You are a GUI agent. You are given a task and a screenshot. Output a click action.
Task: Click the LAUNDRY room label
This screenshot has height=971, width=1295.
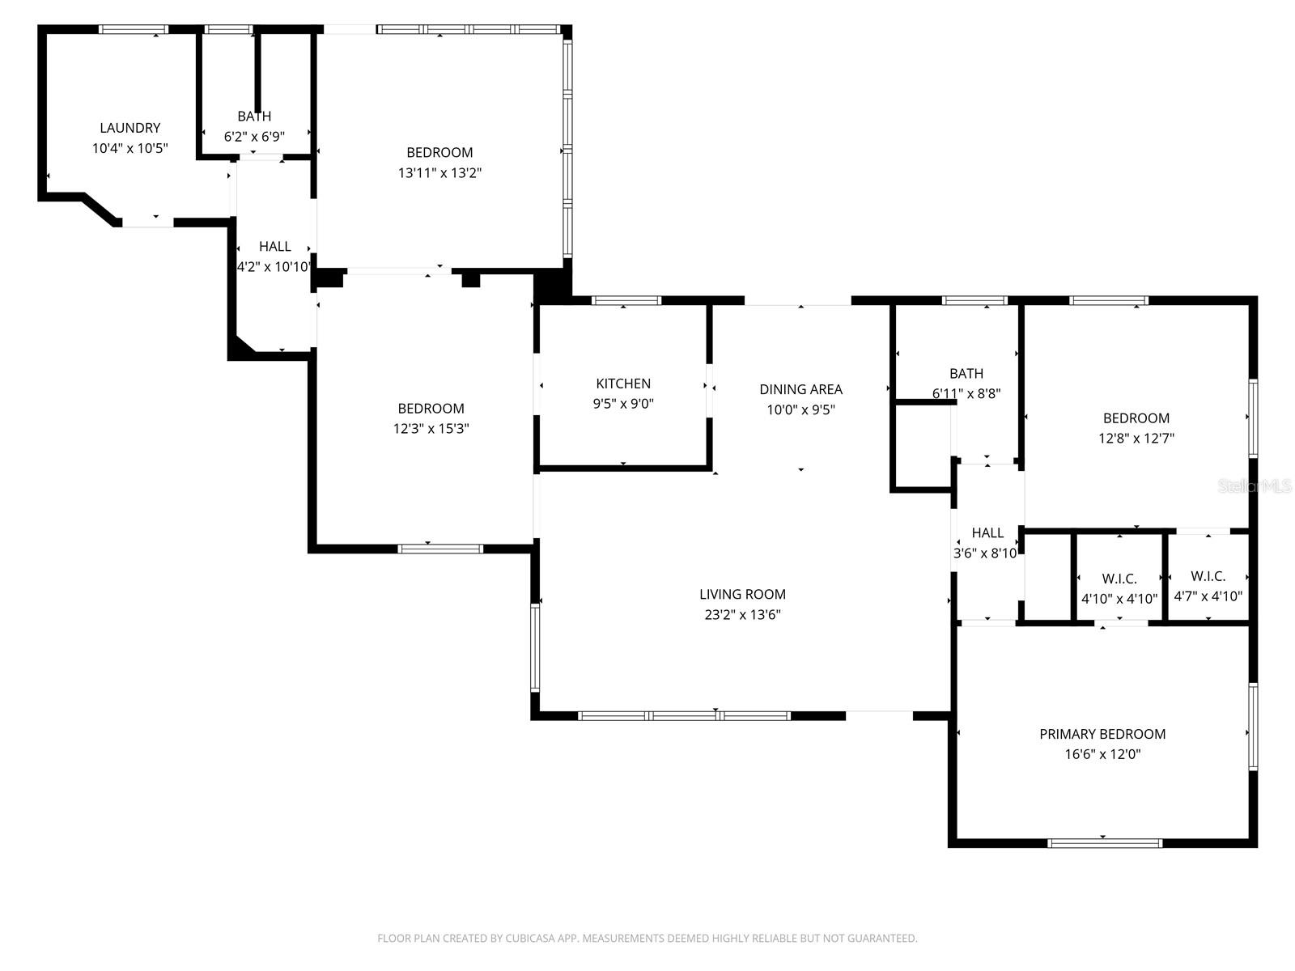click(129, 128)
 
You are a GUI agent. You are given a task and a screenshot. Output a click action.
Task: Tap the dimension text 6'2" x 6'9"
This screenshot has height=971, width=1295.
click(254, 137)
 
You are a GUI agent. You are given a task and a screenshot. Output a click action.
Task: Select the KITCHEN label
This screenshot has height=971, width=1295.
click(623, 384)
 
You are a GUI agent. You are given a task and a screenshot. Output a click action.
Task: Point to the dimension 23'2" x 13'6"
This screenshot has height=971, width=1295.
click(742, 614)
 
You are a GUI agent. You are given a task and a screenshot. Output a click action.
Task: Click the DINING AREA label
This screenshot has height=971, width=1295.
click(800, 389)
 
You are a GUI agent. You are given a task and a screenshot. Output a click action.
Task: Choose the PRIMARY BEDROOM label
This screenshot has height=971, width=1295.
click(1102, 734)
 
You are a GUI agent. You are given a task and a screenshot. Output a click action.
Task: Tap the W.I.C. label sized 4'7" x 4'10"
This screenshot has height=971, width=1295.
click(1208, 576)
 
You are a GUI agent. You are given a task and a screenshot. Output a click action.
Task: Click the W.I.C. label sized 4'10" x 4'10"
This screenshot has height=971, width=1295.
click(1119, 579)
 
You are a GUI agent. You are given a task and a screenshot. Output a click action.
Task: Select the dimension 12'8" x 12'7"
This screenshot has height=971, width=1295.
click(1136, 439)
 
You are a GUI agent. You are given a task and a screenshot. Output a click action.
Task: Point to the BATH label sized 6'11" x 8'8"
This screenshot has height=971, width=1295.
click(966, 373)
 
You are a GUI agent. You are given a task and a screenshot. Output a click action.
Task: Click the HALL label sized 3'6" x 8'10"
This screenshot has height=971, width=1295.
click(987, 532)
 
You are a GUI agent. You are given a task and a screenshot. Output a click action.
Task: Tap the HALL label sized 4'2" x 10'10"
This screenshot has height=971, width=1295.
click(275, 246)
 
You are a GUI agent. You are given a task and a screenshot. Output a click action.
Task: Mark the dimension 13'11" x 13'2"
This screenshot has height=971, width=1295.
click(439, 172)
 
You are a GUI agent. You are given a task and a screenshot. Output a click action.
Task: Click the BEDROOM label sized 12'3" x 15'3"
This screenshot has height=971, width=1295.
click(431, 409)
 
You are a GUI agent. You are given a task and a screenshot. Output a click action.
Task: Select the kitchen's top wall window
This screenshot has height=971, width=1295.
click(626, 300)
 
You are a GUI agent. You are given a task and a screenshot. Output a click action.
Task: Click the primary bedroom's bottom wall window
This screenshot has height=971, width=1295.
click(1105, 843)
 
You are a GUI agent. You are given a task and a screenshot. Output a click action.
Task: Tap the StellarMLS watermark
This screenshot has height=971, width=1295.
click(1255, 486)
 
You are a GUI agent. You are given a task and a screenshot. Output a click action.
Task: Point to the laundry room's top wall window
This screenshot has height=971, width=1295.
click(134, 30)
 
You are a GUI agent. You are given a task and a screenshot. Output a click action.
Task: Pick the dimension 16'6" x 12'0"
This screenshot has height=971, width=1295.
click(1102, 754)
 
